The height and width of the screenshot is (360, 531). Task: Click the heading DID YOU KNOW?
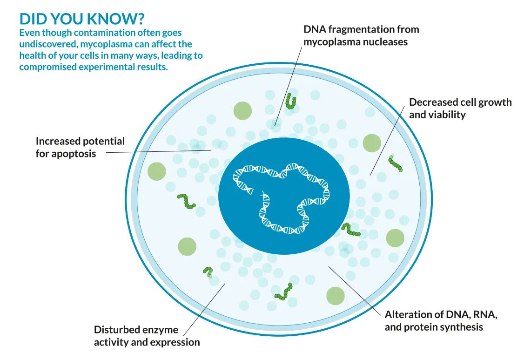pos(82,19)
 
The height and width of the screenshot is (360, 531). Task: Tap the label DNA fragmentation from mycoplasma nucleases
pos(361,35)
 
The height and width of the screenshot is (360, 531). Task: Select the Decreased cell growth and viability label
pos(460,108)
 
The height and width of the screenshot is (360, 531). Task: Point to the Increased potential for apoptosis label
pos(80,147)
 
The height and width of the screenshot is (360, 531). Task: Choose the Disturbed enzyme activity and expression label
pos(147,336)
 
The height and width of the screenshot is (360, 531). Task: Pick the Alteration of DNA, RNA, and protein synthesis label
pos(441,321)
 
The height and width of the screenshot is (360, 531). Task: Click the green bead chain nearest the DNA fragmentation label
pos(291,101)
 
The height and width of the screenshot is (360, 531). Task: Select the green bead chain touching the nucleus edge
pos(350,230)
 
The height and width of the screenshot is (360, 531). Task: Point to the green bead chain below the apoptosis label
pos(187,201)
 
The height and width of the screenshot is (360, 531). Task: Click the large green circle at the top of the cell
pos(242,110)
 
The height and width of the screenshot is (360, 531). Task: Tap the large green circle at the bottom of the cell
pos(335,296)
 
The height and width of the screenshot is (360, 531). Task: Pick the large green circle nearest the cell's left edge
pos(156,171)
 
